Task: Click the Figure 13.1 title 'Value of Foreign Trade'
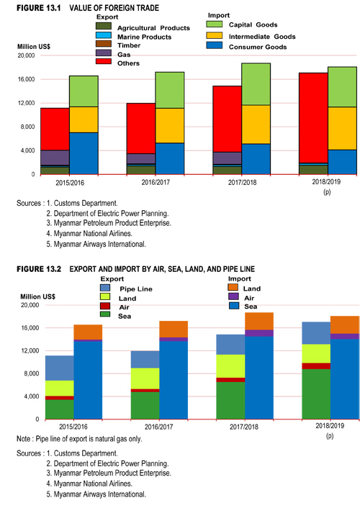[114, 8]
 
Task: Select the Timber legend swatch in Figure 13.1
[104, 44]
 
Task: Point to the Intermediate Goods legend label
[262, 37]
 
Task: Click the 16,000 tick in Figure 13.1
[27, 79]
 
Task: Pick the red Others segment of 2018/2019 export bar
[313, 118]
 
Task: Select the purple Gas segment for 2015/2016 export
[55, 158]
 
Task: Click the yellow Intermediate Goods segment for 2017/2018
[256, 124]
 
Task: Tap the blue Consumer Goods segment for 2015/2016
[84, 153]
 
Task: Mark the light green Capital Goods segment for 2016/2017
[170, 91]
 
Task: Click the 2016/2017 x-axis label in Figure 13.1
[156, 182]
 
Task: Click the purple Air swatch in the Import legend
[233, 297]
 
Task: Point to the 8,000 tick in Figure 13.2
[32, 373]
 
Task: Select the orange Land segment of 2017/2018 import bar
[259, 322]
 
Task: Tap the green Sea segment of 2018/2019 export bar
[316, 394]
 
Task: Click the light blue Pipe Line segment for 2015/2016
[60, 368]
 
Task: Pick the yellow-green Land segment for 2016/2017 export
[145, 378]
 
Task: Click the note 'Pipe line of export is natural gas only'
[89, 439]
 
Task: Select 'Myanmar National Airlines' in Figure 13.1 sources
[93, 234]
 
